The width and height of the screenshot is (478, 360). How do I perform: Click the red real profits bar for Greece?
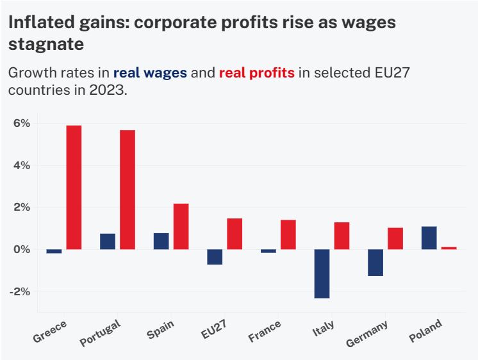[74, 187]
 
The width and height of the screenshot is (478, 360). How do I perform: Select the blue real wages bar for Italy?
[322, 274]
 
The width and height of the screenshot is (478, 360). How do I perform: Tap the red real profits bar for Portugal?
[128, 190]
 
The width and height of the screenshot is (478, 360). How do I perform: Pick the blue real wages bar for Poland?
[429, 238]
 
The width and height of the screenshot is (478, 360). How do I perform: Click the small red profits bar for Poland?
[449, 248]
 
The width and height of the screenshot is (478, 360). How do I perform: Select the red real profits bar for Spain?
[181, 226]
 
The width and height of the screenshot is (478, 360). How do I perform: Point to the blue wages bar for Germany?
[375, 263]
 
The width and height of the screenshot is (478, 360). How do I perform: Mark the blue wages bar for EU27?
[215, 257]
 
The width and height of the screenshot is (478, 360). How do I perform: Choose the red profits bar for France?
[288, 234]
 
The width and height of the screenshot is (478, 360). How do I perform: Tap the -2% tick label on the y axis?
[20, 291]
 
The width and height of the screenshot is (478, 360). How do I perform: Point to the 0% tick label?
[21, 249]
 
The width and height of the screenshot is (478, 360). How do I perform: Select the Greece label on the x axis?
[50, 329]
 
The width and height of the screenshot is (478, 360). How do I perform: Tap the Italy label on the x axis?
[323, 329]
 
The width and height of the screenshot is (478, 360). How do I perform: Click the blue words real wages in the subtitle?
[150, 72]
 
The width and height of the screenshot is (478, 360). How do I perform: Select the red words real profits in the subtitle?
[256, 72]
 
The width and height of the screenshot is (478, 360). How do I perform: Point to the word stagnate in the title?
[46, 45]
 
